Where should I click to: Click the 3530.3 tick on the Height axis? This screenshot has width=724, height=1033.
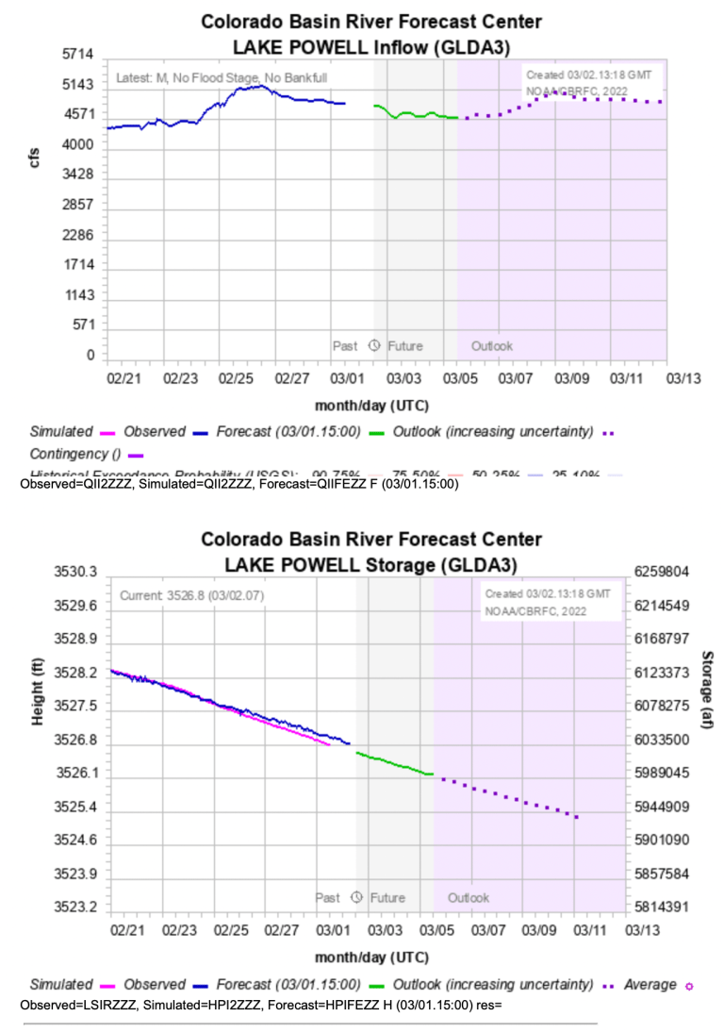coord(78,572)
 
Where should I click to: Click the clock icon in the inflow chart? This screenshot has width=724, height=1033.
coord(373,346)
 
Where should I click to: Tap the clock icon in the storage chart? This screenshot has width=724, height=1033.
coord(356,897)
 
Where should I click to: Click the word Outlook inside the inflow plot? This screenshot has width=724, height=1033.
coord(491,346)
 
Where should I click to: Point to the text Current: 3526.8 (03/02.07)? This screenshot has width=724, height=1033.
coord(185,596)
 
